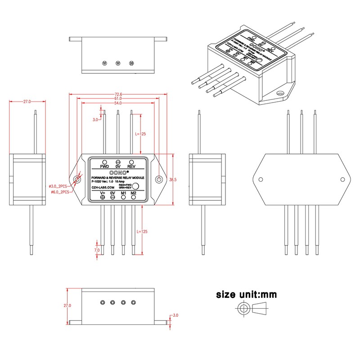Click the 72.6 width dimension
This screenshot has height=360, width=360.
point(118,94)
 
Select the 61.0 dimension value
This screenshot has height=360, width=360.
point(118,99)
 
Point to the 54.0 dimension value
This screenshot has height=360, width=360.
point(118,103)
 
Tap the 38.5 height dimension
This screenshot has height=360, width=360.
point(172,179)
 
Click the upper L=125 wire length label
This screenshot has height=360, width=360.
point(141,134)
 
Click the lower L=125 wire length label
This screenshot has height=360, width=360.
point(141,231)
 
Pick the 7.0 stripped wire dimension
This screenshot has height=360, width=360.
point(96,250)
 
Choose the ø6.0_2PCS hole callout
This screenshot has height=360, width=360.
point(58,192)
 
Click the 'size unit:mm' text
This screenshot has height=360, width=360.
point(246,295)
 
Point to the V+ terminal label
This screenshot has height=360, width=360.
point(103,193)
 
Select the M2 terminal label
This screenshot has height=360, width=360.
point(133,193)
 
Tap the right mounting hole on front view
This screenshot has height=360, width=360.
point(159,179)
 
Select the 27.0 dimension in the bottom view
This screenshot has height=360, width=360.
point(67,305)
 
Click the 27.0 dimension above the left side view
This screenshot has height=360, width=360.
point(27,102)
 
